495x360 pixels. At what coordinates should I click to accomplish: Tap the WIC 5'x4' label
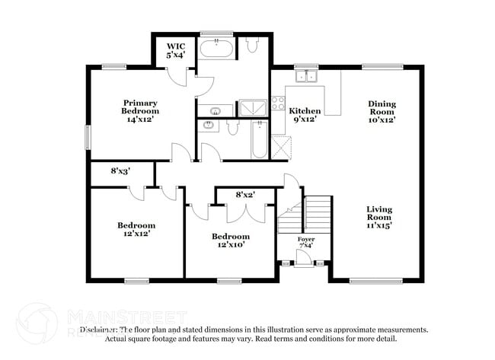(x=176, y=50)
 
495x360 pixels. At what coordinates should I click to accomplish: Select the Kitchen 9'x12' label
(x=305, y=115)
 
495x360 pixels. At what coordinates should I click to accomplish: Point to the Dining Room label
(x=382, y=112)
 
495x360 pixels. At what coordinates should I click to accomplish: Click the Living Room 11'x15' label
(x=378, y=217)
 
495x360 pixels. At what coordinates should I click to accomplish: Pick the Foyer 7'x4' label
(x=305, y=244)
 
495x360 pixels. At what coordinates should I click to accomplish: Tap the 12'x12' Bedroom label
(x=136, y=229)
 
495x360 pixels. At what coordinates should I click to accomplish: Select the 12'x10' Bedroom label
(x=230, y=241)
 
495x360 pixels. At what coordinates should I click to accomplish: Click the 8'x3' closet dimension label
(x=120, y=172)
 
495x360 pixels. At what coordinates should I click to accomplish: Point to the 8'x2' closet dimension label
(x=244, y=195)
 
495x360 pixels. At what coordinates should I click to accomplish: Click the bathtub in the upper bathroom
(x=217, y=50)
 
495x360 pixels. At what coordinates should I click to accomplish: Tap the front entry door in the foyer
(x=303, y=259)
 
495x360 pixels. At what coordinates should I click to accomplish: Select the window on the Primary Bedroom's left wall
(x=87, y=137)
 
